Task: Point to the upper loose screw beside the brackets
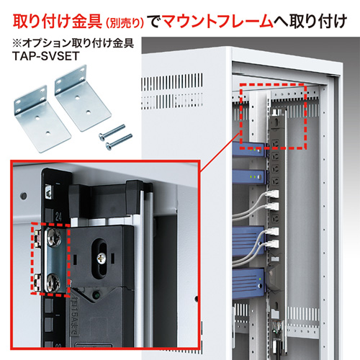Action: [x=116, y=130]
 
